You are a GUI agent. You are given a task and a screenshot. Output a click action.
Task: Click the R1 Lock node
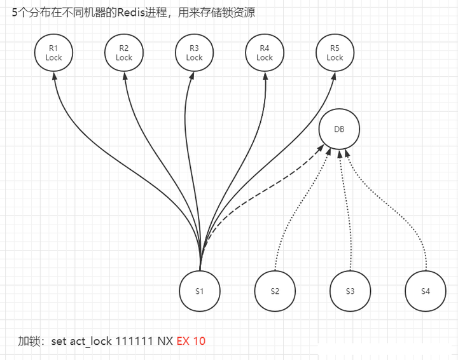[54, 52]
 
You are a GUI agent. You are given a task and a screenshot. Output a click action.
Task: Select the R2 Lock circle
[124, 52]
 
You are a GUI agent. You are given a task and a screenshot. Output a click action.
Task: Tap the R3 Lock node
[194, 52]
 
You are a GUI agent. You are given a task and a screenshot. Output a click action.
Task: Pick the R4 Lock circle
[265, 52]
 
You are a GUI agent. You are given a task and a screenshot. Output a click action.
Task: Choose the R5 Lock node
[335, 52]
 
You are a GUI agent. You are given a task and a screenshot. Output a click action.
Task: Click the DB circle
[340, 129]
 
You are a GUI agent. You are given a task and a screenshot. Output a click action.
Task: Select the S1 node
[200, 291]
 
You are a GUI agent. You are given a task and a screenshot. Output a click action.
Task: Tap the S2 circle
[275, 291]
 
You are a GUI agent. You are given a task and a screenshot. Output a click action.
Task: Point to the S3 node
[350, 291]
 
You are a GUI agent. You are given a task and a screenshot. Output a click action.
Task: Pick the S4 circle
[426, 291]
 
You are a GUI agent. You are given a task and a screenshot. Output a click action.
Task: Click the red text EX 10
[191, 341]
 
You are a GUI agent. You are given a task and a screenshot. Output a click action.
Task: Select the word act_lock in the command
[90, 341]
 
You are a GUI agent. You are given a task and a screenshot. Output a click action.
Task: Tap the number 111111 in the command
[133, 341]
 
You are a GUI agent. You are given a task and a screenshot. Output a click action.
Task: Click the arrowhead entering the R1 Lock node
[55, 75]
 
